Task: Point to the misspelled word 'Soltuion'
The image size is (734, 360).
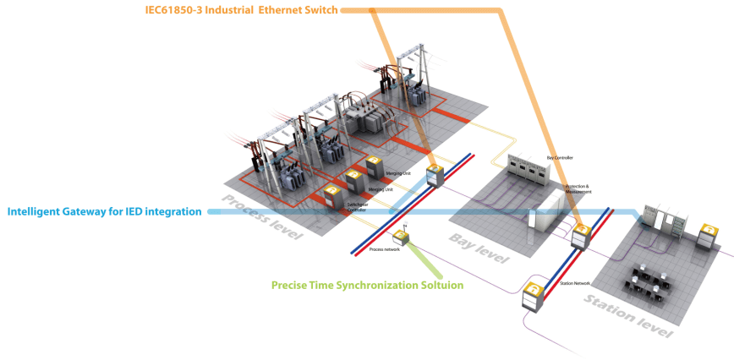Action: pyautogui.click(x=436, y=286)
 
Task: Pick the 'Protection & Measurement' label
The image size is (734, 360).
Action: pyautogui.click(x=578, y=190)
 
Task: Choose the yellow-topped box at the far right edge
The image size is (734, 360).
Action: pyautogui.click(x=708, y=239)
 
